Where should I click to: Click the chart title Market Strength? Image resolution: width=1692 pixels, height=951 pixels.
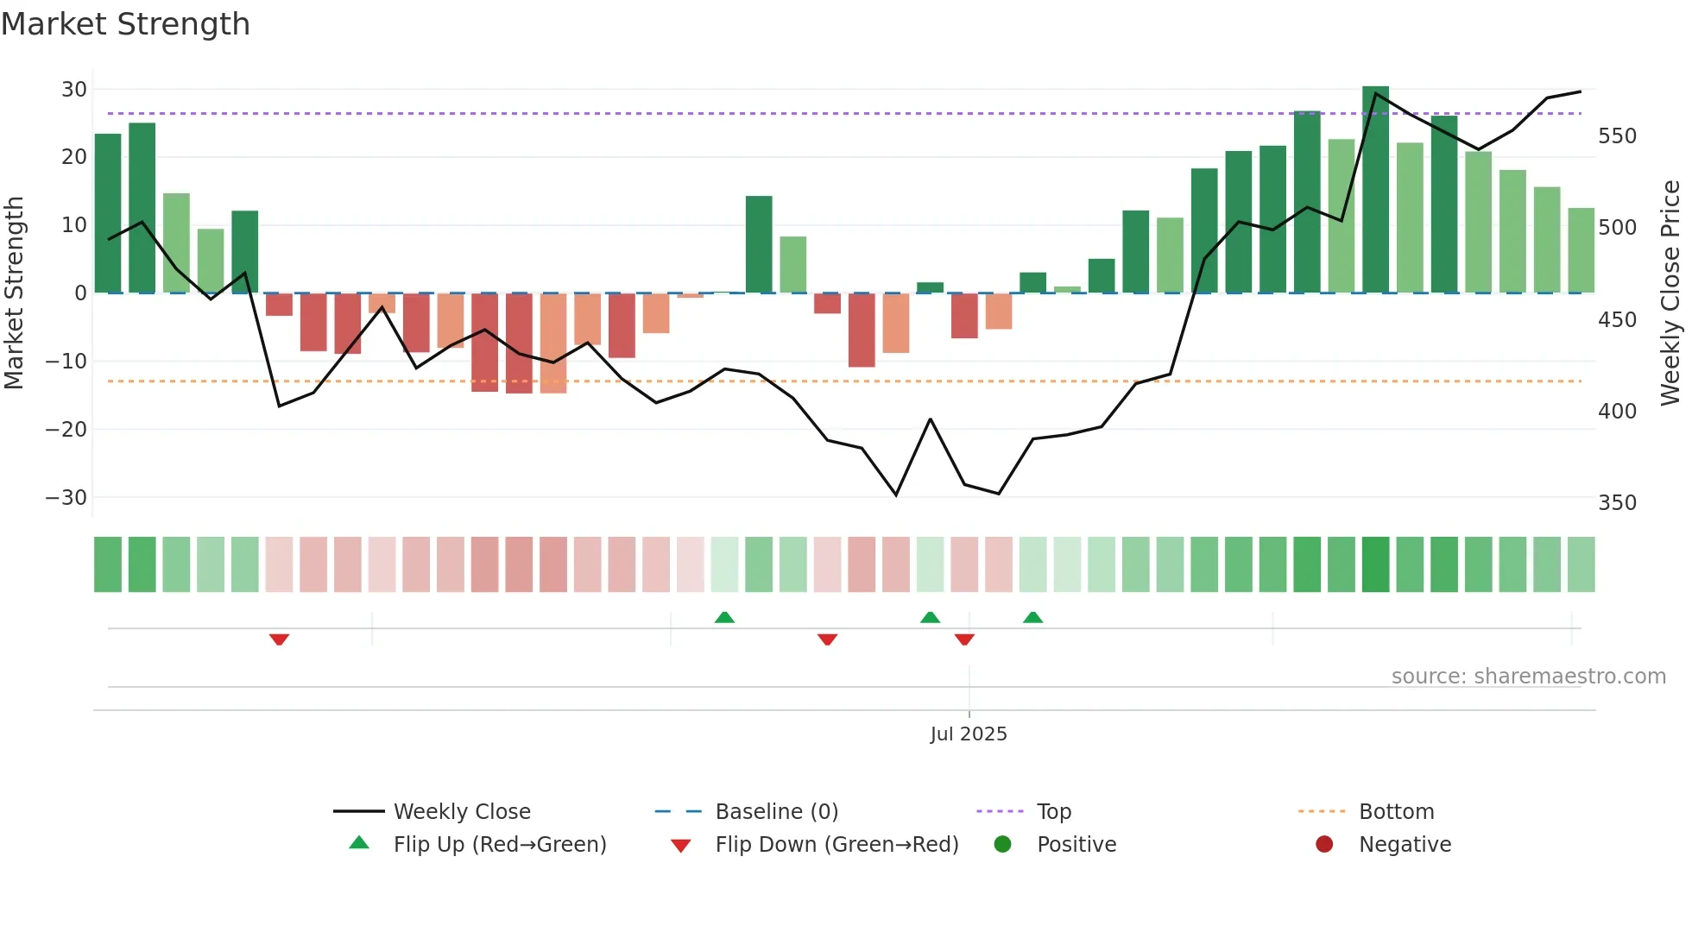(x=125, y=24)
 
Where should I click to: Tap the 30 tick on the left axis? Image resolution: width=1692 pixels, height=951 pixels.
(x=73, y=89)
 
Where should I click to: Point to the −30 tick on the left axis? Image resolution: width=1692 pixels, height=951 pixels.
(x=66, y=497)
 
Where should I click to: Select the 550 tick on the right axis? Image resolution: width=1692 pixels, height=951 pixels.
(x=1617, y=136)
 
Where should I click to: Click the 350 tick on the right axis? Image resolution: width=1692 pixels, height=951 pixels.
(x=1617, y=503)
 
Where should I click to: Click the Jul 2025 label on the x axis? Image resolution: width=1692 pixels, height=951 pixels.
(x=969, y=734)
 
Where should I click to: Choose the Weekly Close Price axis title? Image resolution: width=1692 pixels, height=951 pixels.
(x=1670, y=293)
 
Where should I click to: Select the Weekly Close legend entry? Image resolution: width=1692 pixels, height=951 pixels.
(x=462, y=811)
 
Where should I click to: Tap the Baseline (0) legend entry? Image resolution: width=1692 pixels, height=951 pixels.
(x=776, y=811)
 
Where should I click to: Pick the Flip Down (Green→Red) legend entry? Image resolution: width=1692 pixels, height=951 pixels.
(x=837, y=844)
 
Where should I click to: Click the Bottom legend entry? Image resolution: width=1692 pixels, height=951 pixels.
(x=1396, y=811)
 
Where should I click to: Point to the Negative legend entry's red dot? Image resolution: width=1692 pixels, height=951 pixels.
(x=1324, y=844)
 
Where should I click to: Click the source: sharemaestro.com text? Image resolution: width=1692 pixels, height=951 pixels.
(x=1528, y=676)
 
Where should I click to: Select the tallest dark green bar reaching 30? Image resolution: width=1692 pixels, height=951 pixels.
(x=1375, y=190)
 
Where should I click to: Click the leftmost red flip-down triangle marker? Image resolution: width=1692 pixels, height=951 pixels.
(x=279, y=639)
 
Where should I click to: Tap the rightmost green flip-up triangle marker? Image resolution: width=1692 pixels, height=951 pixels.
(x=1032, y=617)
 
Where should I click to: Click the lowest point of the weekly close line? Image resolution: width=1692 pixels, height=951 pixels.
(x=896, y=494)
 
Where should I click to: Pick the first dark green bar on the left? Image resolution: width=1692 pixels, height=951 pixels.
(x=108, y=213)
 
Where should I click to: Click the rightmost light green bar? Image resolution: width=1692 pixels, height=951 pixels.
(x=1581, y=250)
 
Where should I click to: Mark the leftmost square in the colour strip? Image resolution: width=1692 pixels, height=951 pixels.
(x=108, y=564)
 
